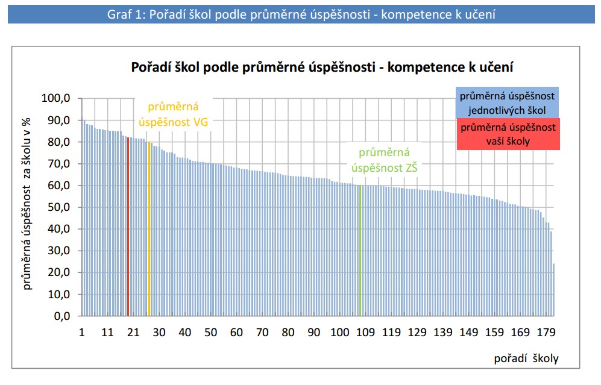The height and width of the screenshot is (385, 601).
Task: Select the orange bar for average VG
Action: tap(149, 229)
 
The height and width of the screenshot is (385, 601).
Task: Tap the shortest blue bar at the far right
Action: tap(554, 290)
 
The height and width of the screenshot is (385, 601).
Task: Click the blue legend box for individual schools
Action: tap(507, 103)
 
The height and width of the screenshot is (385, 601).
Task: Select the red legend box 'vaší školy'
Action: tap(507, 134)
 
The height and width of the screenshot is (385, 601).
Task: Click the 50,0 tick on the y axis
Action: tap(58, 207)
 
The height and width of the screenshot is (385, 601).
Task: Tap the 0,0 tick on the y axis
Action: tap(61, 316)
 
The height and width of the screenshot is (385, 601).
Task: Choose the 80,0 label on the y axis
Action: tap(58, 142)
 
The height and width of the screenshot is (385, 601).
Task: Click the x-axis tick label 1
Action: tap(82, 333)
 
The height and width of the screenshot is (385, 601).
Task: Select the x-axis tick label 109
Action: tap(365, 333)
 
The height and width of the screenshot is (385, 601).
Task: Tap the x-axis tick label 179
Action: tap(546, 333)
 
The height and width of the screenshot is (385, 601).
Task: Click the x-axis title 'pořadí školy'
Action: tap(526, 358)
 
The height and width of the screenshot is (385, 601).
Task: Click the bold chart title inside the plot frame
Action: tap(323, 67)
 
